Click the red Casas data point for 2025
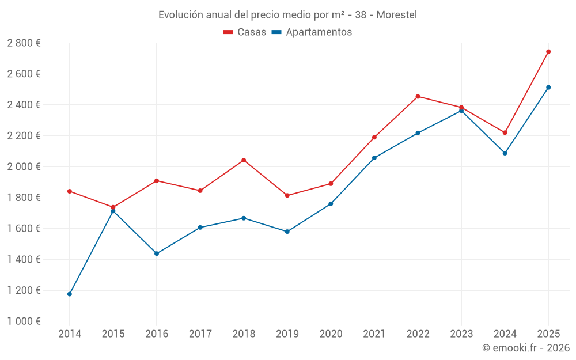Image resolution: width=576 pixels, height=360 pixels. tap(548, 52)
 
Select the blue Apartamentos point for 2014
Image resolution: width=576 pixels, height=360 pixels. tap(70, 294)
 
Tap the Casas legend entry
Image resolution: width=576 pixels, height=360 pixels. tap(245, 32)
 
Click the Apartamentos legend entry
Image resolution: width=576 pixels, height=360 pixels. tap(312, 32)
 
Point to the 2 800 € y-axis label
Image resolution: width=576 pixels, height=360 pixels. tap(24, 43)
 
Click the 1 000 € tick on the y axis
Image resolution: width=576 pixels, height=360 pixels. tap(24, 321)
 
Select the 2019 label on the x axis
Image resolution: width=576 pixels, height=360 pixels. tap(287, 334)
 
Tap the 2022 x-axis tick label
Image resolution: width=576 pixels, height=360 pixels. tap(418, 334)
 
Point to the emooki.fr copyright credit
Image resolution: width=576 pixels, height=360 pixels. tap(525, 348)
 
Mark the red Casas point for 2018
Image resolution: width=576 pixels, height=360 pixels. tap(244, 160)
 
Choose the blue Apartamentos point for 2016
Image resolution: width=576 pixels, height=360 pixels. tap(157, 253)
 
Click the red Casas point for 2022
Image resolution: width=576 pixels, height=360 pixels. tap(418, 97)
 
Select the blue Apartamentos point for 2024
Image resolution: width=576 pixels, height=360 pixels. tap(505, 153)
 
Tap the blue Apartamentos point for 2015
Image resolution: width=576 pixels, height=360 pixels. tap(113, 211)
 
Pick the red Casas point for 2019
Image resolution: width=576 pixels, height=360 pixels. tap(287, 196)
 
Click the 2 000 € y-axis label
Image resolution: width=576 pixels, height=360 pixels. tap(24, 167)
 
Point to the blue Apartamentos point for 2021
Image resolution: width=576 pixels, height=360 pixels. tap(374, 158)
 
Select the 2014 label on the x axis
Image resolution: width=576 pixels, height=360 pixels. tap(70, 334)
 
